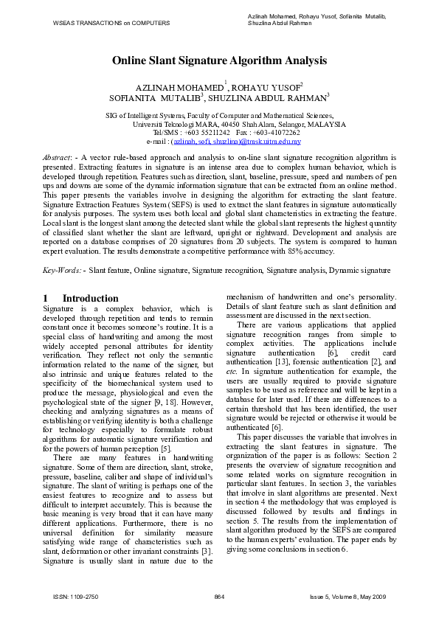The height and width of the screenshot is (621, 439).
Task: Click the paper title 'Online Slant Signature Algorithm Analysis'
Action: tap(219, 62)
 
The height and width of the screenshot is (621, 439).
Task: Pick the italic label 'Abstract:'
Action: tap(58, 159)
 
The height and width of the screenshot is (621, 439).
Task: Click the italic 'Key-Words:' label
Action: tap(63, 271)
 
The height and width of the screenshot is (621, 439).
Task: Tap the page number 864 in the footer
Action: tap(218, 595)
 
